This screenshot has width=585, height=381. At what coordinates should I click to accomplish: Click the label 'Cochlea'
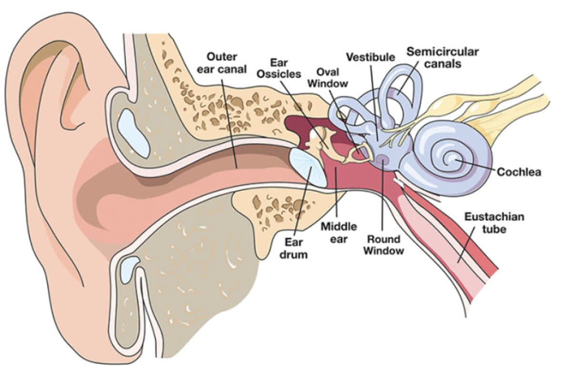(x=519, y=172)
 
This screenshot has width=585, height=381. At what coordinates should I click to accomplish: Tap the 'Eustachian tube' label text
(x=494, y=223)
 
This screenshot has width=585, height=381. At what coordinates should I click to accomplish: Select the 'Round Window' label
(x=383, y=244)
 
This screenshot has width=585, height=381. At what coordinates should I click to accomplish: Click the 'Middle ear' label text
(x=338, y=232)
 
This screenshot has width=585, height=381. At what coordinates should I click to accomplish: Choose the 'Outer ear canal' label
(x=226, y=63)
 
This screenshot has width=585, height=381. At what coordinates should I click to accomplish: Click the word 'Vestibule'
(x=370, y=57)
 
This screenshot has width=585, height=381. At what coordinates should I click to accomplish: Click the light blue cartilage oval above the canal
(x=133, y=133)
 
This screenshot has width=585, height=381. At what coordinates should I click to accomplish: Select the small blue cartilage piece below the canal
(x=129, y=269)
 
